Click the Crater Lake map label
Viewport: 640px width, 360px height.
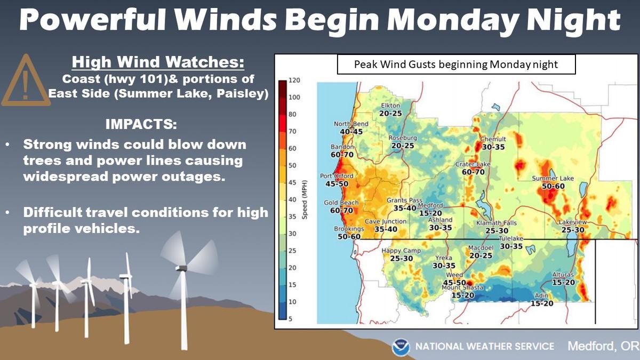coord(473,164)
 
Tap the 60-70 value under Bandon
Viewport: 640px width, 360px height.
coord(342,155)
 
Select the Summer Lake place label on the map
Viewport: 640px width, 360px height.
coord(553,178)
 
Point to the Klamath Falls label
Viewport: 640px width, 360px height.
coord(497,223)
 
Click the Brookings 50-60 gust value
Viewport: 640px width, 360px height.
coord(349,237)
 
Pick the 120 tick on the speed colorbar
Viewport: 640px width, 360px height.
coord(294,81)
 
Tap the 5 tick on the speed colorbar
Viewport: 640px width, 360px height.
coord(291,319)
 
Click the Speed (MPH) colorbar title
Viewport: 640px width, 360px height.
coord(305,199)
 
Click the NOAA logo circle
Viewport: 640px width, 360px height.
coord(401,347)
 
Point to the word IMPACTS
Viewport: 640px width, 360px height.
coord(141,124)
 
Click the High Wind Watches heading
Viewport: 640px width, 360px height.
coord(158,62)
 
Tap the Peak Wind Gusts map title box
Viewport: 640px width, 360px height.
coord(457,65)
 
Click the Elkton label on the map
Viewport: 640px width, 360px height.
coord(390,106)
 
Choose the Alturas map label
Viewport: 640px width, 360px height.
coord(563,275)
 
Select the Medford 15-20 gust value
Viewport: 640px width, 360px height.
coord(430,213)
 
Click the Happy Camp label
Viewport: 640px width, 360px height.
coord(401,251)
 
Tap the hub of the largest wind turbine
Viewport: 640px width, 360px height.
coord(181,268)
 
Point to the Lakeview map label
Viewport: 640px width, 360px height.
coord(573,222)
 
